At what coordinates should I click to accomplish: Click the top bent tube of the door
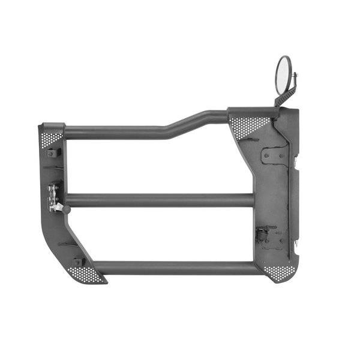coord(120,131)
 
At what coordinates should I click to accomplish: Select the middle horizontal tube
coord(159,200)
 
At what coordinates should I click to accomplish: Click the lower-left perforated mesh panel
coord(90,274)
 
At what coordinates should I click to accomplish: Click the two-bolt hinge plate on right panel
coord(274,156)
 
